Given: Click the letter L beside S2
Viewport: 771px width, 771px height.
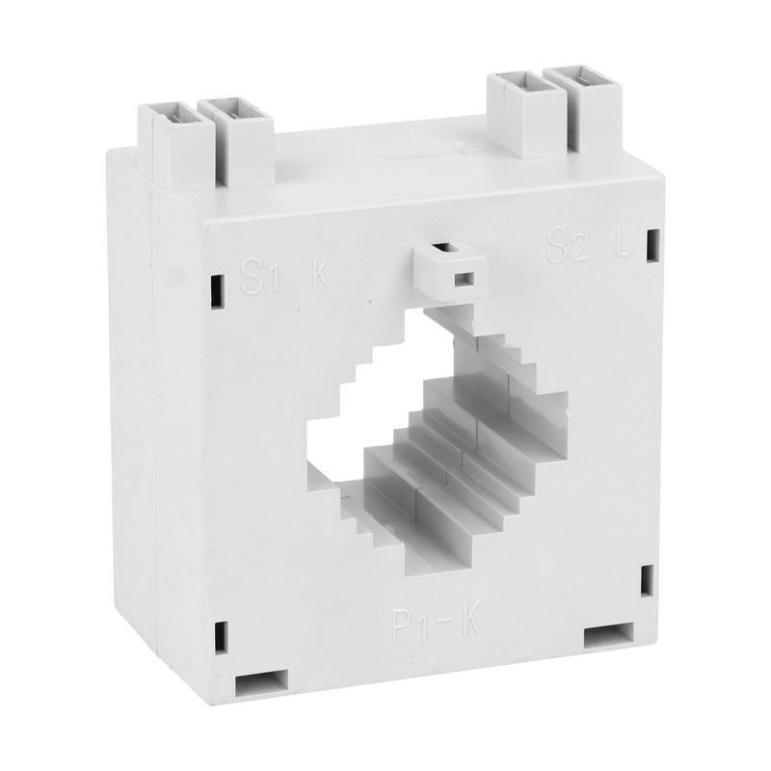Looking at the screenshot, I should (x=624, y=247).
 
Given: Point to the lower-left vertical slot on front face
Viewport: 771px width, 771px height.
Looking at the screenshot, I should (x=222, y=637).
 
